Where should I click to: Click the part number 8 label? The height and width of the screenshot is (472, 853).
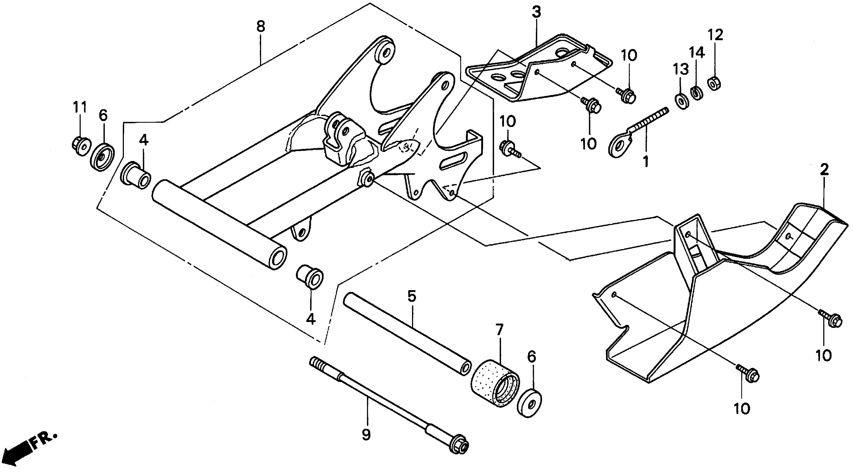point(261,26)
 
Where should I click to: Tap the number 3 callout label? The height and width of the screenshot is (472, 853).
point(536,12)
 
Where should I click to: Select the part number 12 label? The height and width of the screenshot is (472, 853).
point(715,35)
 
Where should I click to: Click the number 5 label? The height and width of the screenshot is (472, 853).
point(411,297)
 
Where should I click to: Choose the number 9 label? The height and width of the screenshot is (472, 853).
point(366,435)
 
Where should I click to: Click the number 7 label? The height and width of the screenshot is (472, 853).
point(499,330)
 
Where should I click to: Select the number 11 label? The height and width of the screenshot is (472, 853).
point(79,107)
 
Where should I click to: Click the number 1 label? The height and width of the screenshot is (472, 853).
point(646,162)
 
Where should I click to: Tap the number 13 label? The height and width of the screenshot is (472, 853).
point(681,69)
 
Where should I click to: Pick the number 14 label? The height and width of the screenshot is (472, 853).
point(697,52)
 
